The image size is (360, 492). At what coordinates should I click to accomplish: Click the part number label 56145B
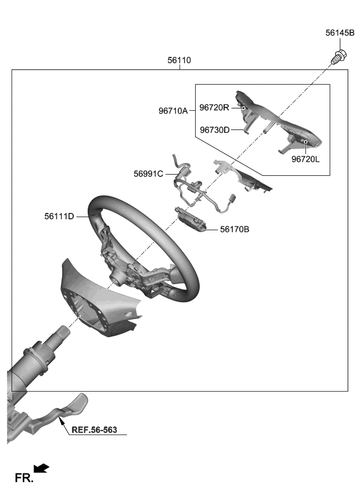point(339,33)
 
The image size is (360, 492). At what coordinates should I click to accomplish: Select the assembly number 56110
point(179,60)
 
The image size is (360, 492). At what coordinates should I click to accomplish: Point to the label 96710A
point(173,110)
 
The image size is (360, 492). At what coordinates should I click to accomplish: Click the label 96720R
point(215,107)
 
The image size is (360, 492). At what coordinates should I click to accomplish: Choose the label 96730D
point(215,130)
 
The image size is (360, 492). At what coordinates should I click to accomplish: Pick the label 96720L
point(305,158)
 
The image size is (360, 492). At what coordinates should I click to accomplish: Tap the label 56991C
point(149,173)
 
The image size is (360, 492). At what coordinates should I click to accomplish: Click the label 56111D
point(59,216)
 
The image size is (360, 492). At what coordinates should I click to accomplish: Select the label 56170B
point(235,230)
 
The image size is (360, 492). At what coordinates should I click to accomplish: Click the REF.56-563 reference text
point(95,430)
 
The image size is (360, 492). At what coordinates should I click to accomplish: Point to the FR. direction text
point(24,478)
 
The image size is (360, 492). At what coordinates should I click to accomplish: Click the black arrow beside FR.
point(42,468)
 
